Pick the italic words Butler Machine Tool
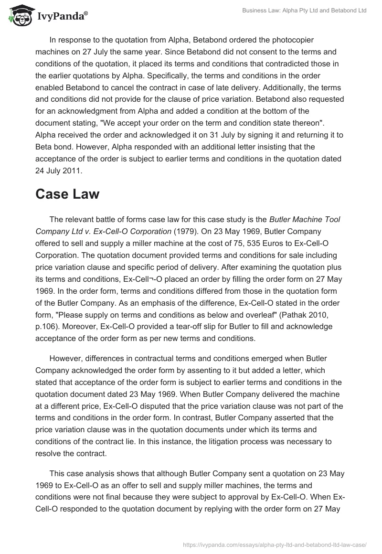[x=305, y=219]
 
